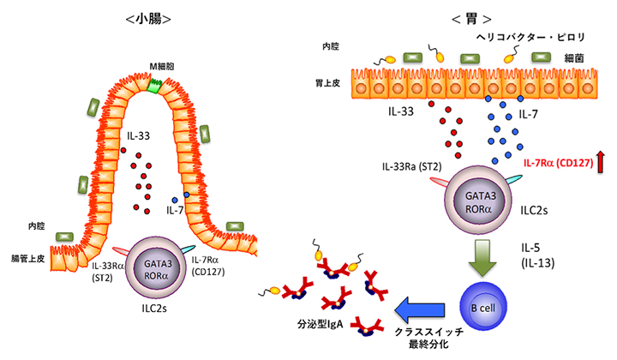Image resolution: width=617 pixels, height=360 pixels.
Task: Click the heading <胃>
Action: tap(450, 18)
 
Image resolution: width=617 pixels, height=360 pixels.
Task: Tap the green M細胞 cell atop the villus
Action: tap(153, 85)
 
